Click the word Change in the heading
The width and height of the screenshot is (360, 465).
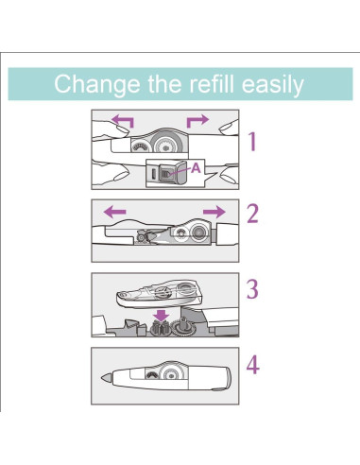(97, 84)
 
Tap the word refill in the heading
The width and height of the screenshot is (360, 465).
(212, 83)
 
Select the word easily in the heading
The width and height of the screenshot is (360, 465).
(273, 84)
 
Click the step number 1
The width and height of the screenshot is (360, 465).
(252, 142)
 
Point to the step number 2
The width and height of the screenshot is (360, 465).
(252, 214)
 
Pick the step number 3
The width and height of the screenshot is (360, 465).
(252, 289)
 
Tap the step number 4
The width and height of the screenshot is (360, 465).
(253, 365)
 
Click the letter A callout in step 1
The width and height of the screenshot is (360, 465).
(196, 168)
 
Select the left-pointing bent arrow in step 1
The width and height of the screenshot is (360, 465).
(123, 121)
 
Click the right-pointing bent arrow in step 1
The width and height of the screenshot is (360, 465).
(197, 121)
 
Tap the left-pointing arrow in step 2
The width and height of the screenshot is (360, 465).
(114, 212)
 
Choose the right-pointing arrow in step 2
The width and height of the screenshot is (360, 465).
(214, 212)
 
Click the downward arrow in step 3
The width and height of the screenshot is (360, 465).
(162, 315)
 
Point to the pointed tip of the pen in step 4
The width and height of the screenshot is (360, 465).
(101, 378)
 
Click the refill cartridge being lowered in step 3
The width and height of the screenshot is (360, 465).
(159, 294)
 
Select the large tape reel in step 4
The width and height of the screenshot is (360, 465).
(171, 374)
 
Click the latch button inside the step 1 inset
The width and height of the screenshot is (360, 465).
(165, 174)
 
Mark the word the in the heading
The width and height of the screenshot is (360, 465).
(164, 83)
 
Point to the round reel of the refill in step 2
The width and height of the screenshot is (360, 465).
(198, 232)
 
